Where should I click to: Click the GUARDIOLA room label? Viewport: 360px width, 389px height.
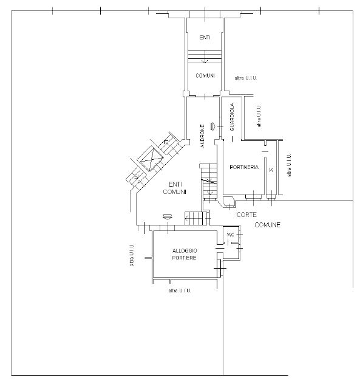coord(232,117)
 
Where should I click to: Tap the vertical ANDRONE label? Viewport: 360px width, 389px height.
coord(203,136)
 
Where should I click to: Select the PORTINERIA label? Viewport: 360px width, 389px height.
coord(244,168)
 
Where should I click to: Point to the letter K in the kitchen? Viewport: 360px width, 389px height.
coord(271,170)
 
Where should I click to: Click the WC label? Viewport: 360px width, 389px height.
coord(230,235)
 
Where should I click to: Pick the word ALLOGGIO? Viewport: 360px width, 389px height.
coord(185,251)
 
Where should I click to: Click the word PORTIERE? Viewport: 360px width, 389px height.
coord(184,258)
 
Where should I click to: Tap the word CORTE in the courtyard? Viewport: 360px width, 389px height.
coord(246,215)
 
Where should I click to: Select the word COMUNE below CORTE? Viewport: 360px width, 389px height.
coord(268,225)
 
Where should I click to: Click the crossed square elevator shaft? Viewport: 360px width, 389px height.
coord(151,159)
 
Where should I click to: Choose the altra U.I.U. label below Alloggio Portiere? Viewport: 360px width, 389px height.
coord(179,291)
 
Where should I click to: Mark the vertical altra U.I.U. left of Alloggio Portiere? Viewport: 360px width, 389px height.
coord(132,255)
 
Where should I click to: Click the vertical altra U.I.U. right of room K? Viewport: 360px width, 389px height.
coord(289,165)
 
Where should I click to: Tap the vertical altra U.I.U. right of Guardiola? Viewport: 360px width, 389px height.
coord(259,115)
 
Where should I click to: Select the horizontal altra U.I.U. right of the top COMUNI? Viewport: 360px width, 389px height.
coord(246,78)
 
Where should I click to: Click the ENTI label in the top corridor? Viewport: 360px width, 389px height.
coord(205,38)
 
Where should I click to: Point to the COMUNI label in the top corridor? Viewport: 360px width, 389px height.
coord(205,75)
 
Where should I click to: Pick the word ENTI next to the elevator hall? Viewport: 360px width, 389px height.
coord(175,185)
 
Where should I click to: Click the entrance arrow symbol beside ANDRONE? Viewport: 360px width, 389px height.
coord(213,126)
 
